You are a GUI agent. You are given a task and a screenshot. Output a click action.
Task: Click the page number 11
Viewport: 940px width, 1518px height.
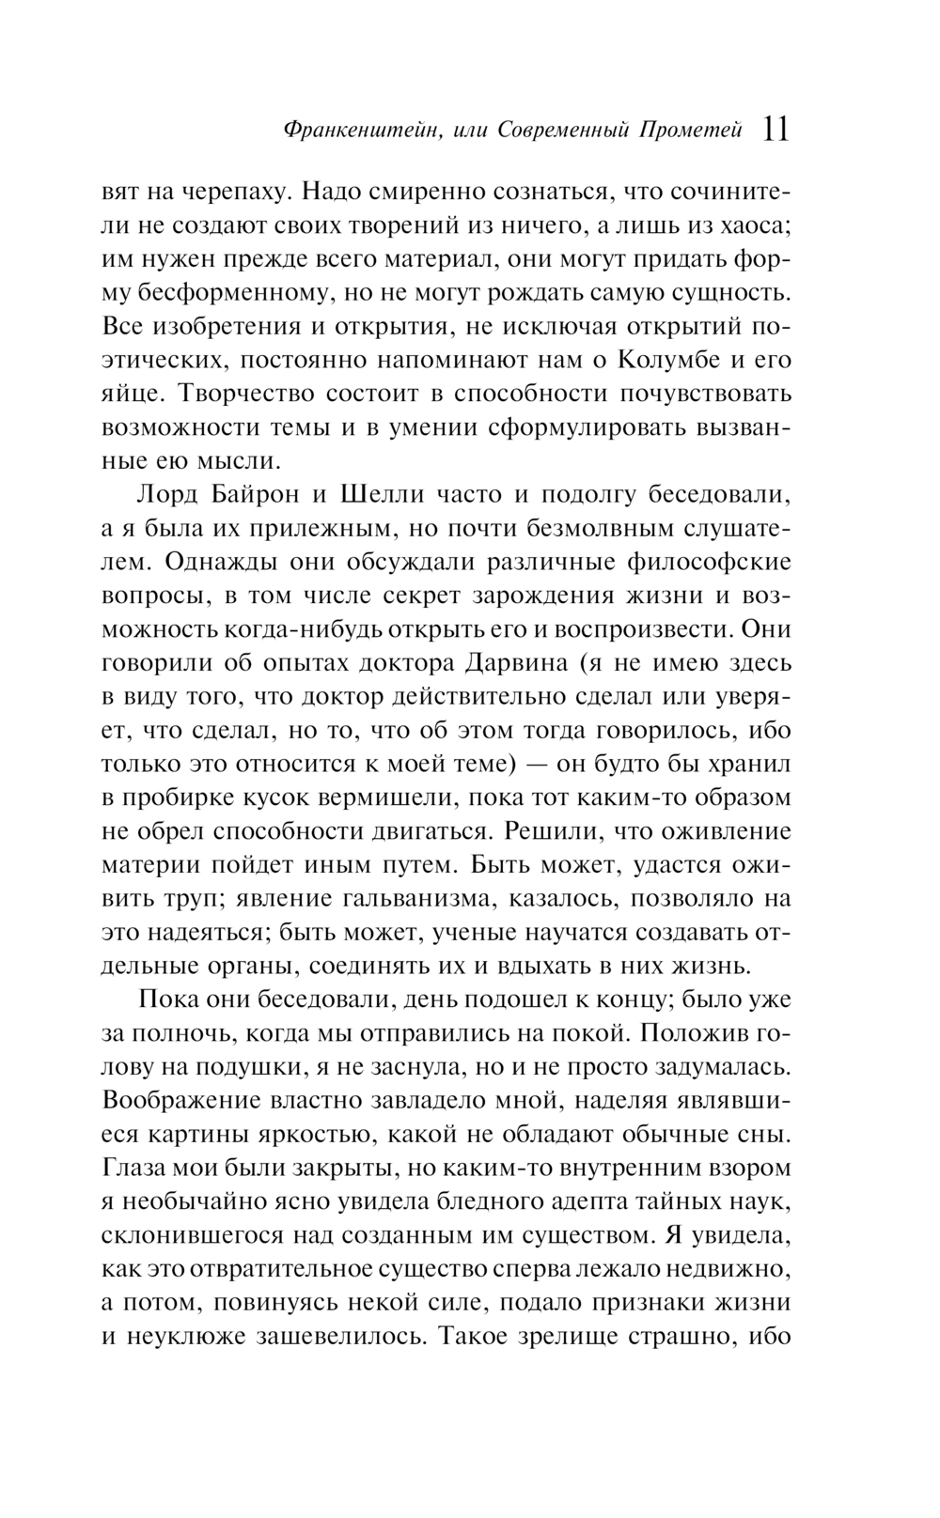[x=775, y=129]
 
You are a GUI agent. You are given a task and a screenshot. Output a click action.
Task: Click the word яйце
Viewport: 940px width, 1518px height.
[x=126, y=394]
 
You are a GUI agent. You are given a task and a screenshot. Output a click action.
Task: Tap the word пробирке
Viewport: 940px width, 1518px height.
[x=183, y=798]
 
